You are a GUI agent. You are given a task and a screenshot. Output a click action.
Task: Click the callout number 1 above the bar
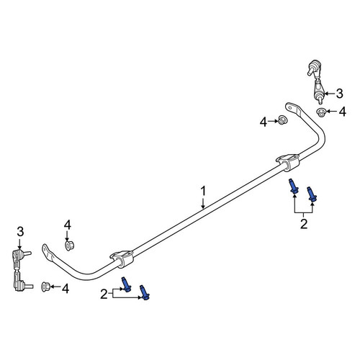pyautogui.click(x=203, y=192)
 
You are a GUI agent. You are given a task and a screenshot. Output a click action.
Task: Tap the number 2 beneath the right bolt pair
pyautogui.click(x=304, y=224)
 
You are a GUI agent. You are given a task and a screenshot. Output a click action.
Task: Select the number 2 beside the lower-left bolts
pyautogui.click(x=104, y=294)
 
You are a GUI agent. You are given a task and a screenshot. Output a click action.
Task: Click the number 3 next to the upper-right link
pyautogui.click(x=339, y=94)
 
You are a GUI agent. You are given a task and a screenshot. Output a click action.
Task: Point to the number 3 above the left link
pyautogui.click(x=20, y=232)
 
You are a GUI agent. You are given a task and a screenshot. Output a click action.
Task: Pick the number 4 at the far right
pyautogui.click(x=342, y=112)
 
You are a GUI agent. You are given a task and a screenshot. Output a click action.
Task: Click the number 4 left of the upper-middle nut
pyautogui.click(x=264, y=122)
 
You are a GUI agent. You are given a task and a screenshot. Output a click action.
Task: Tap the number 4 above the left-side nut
pyautogui.click(x=68, y=225)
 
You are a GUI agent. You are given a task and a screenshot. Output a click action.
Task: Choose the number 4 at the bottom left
pyautogui.click(x=66, y=289)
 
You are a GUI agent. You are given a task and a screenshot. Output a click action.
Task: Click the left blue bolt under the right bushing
pyautogui.click(x=293, y=186)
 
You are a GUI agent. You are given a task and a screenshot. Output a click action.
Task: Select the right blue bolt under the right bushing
pyautogui.click(x=312, y=194)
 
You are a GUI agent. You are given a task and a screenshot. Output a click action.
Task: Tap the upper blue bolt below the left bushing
pyautogui.click(x=126, y=284)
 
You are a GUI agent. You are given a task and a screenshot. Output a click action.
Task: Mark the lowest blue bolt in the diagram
pyautogui.click(x=145, y=292)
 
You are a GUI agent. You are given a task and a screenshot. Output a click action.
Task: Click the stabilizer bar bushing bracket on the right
pyautogui.click(x=288, y=162)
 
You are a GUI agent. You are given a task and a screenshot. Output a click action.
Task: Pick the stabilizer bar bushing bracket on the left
pyautogui.click(x=122, y=258)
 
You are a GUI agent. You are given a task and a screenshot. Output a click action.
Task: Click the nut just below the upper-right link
pyautogui.click(x=320, y=112)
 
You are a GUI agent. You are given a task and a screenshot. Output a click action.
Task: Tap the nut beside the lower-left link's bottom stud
pyautogui.click(x=45, y=287)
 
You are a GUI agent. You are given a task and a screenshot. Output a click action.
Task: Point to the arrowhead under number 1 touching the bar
pyautogui.click(x=203, y=206)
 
